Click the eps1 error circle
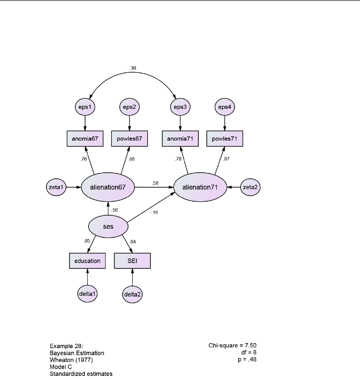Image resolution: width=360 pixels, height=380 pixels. click(85, 107)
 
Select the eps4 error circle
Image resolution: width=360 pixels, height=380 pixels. click(224, 107)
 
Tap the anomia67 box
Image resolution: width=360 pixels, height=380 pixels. click(85, 138)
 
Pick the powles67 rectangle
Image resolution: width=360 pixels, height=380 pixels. click(129, 138)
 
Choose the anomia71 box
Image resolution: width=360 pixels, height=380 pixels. click(180, 138)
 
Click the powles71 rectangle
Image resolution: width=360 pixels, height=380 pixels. click(224, 138)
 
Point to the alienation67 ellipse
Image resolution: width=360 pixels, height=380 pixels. click(108, 187)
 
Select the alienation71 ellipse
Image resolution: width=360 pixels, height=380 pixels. click(200, 187)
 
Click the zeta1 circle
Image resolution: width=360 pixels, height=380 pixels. click(57, 187)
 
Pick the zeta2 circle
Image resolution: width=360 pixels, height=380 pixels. click(249, 187)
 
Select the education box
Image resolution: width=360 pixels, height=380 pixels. click(87, 261)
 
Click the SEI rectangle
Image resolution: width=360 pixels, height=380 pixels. click(132, 261)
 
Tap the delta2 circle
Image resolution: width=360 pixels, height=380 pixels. click(132, 294)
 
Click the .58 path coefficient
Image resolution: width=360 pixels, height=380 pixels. click(155, 183)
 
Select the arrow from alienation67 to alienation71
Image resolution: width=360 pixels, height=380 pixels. click(154, 187)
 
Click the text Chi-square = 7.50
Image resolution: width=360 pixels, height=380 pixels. click(232, 346)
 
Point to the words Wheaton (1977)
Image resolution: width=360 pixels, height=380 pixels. click(71, 360)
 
